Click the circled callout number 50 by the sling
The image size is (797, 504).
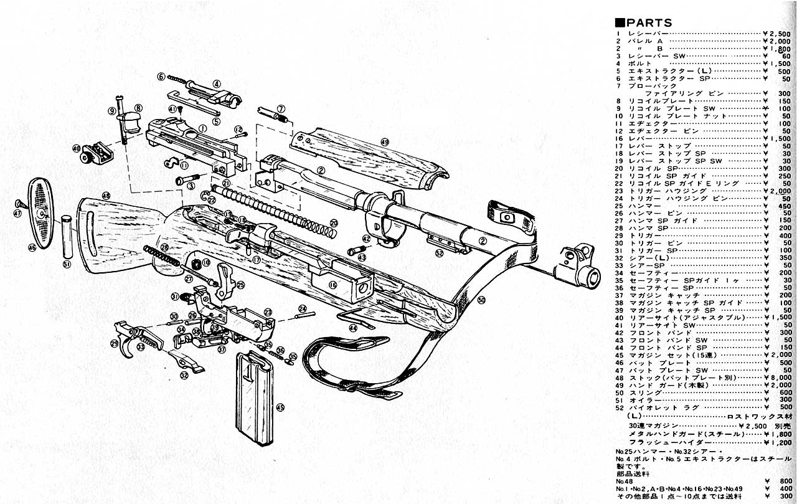pos(481,300)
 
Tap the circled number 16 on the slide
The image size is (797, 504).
pos(332,285)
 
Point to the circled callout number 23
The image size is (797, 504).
pos(268,311)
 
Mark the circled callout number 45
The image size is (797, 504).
pos(280,407)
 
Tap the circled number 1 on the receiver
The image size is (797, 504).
pos(202,127)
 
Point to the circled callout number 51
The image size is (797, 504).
pos(67,264)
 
